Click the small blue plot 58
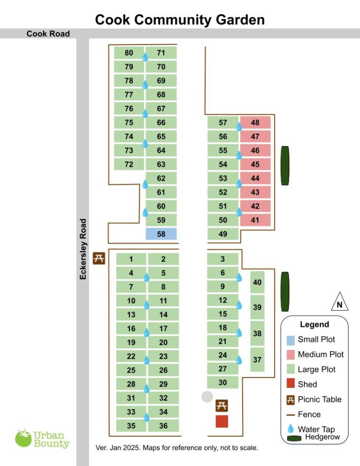coord(161,234)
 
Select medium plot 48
coord(255,122)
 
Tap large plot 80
coord(129,53)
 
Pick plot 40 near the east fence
coord(257,282)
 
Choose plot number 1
coord(131,259)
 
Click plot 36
coord(163,426)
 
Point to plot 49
coord(223,234)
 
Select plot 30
coord(223,382)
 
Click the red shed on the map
coord(222,421)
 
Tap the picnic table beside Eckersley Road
coord(99,258)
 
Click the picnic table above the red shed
coord(222,405)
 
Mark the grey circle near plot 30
coord(207,396)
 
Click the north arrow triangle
coord(339,302)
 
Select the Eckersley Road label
coord(83,249)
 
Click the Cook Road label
coord(48,34)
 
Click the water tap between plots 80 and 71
coord(145,57)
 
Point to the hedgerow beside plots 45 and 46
coord(285,165)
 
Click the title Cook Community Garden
coord(180,20)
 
